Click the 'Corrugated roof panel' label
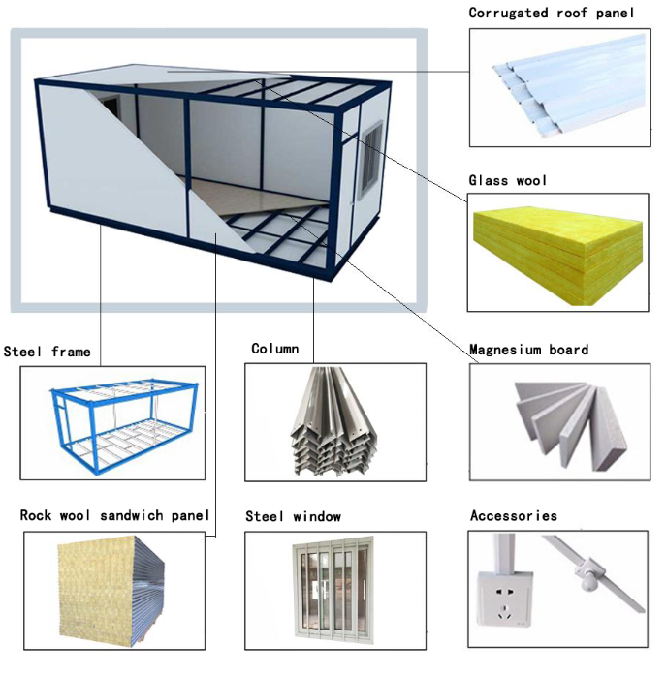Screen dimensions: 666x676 552,13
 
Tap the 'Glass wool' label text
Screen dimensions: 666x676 508,180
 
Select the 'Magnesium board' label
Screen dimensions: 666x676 528,350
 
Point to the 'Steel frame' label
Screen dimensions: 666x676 48,352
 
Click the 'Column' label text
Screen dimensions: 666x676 275,349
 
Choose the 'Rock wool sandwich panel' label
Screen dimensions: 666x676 114,515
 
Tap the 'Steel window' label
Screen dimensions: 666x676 293,516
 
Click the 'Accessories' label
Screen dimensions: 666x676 514,515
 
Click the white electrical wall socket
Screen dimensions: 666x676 504,599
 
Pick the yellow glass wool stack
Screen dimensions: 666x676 558,255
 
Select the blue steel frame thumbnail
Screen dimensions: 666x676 124,425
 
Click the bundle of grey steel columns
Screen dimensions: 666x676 333,421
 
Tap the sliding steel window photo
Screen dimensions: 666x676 333,589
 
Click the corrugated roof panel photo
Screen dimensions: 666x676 570,85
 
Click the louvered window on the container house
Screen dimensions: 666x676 372,158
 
